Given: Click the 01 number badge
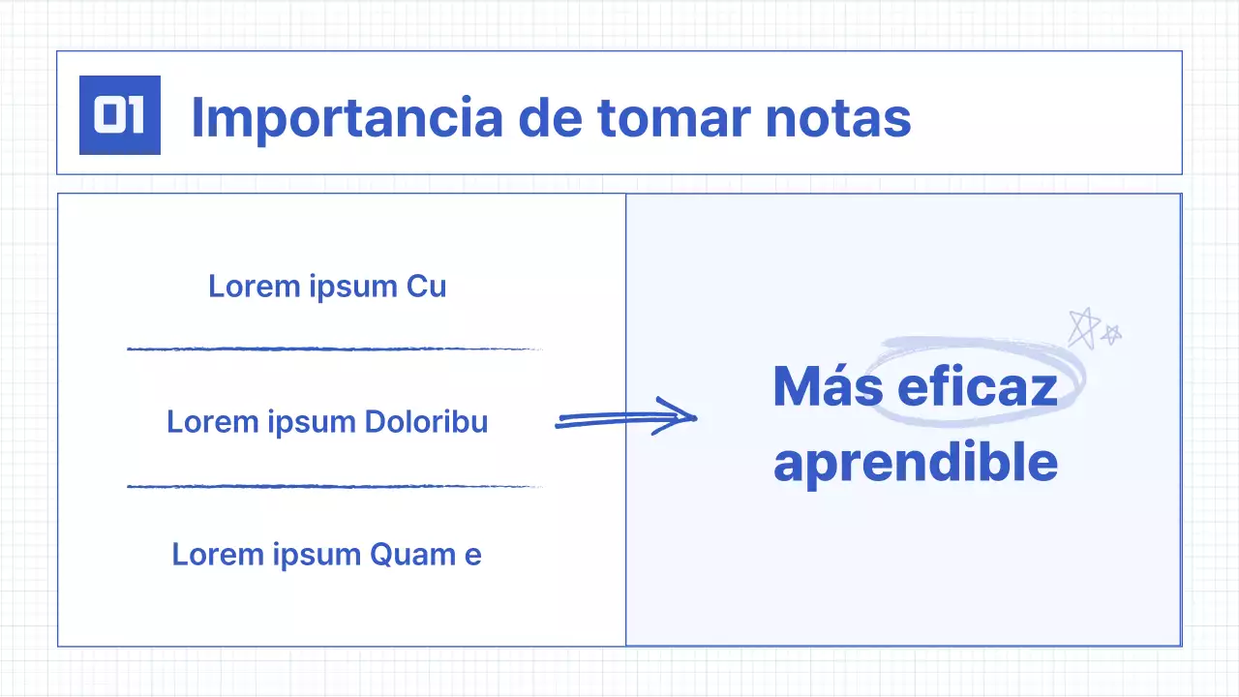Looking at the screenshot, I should (120, 116).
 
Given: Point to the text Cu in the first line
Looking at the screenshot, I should (427, 287).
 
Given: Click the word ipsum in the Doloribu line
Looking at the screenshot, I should (313, 423).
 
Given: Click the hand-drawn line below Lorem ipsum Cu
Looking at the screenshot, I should (334, 348).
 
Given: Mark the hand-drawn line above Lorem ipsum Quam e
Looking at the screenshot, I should (334, 486).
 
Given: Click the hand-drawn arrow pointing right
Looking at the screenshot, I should (625, 418).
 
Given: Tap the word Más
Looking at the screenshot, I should (828, 387).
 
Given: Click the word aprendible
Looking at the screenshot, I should (915, 463).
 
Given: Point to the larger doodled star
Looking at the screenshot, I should (1082, 327).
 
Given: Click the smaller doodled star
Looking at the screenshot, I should (1112, 334).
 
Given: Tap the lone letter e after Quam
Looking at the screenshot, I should (472, 556).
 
